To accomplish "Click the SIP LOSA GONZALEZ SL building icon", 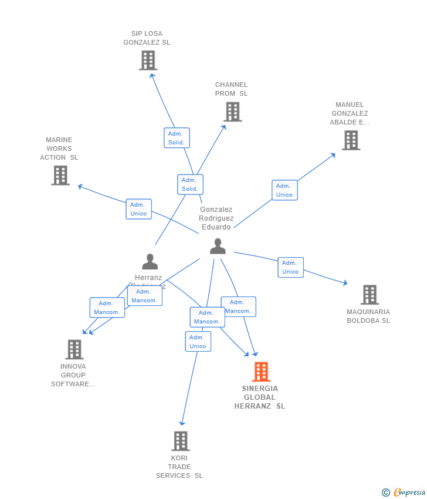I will [148, 60].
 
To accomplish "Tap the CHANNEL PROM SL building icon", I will [232, 112].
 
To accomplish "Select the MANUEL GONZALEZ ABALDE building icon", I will [351, 140].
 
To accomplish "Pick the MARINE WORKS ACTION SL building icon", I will [60, 175].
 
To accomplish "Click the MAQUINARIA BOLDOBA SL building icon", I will [370, 294].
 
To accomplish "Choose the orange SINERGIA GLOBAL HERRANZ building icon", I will [261, 372].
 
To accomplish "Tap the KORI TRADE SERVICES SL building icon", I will [181, 441].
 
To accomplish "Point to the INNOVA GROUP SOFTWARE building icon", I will [74, 349].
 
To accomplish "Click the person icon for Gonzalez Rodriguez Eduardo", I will [218, 247].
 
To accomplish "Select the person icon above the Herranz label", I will [150, 261].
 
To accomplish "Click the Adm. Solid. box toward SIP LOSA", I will [177, 138].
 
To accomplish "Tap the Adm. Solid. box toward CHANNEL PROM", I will [190, 184].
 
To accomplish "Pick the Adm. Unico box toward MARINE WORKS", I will [138, 209].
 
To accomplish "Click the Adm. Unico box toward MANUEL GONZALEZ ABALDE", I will [284, 190].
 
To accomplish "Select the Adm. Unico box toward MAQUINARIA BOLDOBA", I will [290, 267].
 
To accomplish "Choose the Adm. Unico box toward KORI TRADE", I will [198, 342].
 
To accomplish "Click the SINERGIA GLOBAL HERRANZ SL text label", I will [260, 397].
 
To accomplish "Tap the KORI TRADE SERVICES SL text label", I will [179, 467].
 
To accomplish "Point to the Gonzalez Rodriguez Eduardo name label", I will [216, 218].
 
